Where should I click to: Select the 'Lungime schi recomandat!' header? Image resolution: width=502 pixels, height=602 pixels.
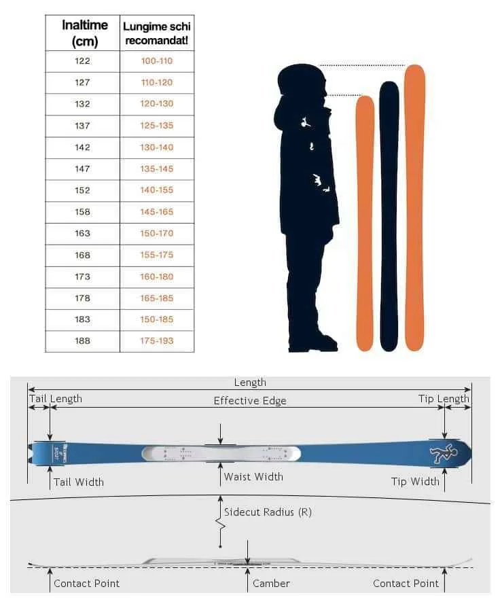[x=157, y=33]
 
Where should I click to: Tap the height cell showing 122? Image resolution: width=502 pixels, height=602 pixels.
[x=82, y=61]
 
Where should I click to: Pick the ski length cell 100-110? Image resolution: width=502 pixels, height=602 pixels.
[x=157, y=61]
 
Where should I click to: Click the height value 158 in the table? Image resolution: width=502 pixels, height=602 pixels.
[x=82, y=212]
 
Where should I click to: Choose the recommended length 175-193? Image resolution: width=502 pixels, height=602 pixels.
[x=157, y=341]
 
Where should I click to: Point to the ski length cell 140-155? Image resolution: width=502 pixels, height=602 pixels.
[x=157, y=190]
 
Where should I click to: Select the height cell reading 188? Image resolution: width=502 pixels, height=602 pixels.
[x=82, y=341]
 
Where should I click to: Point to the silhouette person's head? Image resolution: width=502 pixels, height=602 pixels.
[x=300, y=86]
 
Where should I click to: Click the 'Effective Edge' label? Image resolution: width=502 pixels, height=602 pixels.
[x=250, y=401]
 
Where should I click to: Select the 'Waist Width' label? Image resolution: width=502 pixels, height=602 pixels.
[x=253, y=477]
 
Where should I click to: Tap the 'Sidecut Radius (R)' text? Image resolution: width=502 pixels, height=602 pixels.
[x=268, y=512]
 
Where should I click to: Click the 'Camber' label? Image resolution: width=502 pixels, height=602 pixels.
[x=271, y=584]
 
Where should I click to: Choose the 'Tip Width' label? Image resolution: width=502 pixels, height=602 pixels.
[x=415, y=482]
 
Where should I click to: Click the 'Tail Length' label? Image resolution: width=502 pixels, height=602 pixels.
[x=55, y=399]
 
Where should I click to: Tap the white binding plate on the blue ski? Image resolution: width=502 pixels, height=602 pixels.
[x=221, y=453]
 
